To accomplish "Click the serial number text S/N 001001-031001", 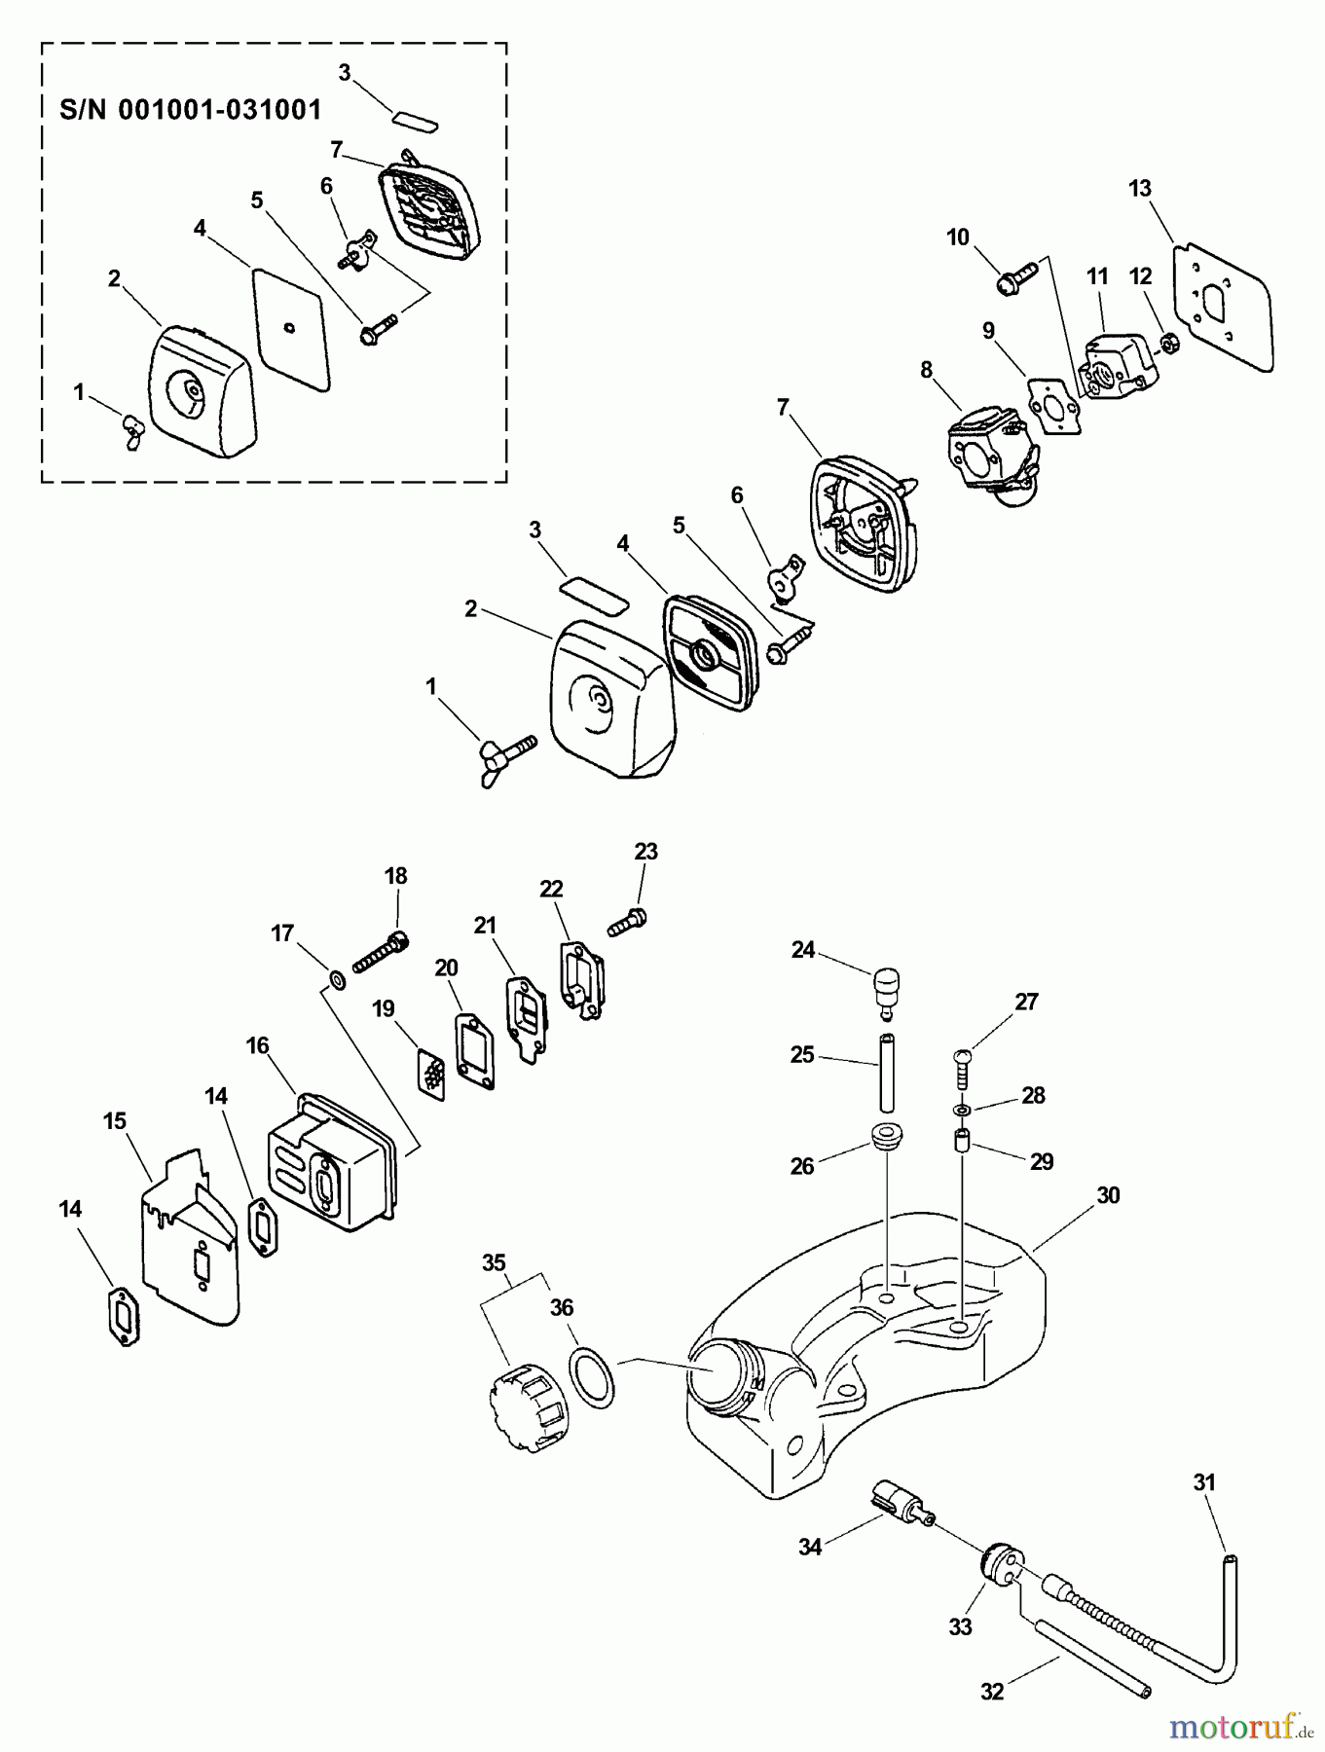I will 191,109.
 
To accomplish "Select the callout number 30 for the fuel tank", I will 1108,1195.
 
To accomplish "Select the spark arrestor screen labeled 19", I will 430,1072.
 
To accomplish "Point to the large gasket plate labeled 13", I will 1223,306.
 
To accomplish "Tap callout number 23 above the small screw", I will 645,852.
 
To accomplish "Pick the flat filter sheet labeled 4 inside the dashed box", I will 291,329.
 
